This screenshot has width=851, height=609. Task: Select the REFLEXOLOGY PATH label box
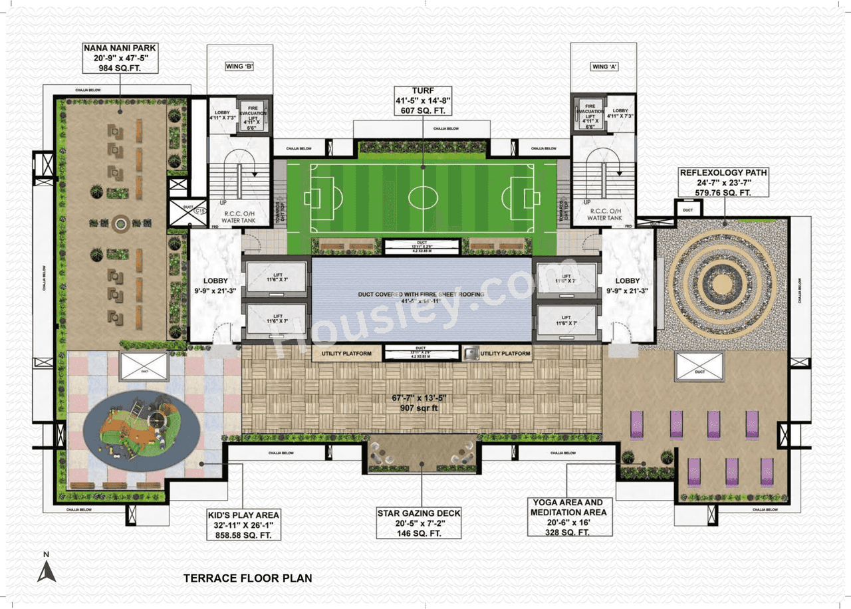tap(723, 183)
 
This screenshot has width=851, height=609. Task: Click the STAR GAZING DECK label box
tap(419, 523)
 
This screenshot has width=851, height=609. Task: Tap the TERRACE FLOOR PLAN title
tap(247, 578)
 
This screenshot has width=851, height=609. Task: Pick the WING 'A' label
tap(603, 66)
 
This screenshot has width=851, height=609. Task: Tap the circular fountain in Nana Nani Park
tap(120, 224)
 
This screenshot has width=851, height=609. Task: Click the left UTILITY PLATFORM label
tap(346, 354)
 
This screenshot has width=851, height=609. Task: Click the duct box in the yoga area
tap(699, 368)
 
